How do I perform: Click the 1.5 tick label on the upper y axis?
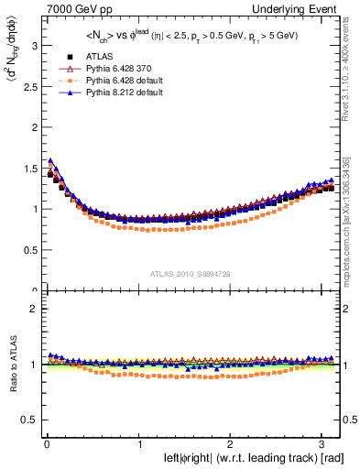click(27, 167)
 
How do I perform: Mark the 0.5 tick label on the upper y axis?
click(27, 250)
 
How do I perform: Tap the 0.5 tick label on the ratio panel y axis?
click(27, 420)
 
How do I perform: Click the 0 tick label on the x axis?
click(46, 445)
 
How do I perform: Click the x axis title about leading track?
click(241, 459)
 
